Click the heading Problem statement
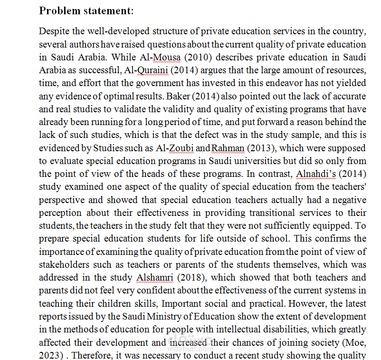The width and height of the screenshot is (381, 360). point(86,11)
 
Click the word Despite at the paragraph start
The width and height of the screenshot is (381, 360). point(54,32)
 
